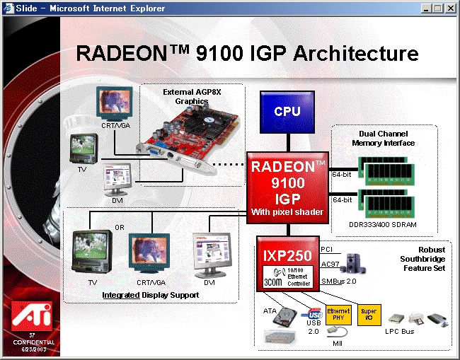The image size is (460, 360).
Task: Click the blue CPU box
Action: tap(288, 110)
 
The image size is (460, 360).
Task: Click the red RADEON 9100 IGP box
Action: tap(288, 187)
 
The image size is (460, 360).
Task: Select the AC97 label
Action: tap(329, 265)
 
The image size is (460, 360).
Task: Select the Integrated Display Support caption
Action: tap(140, 294)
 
